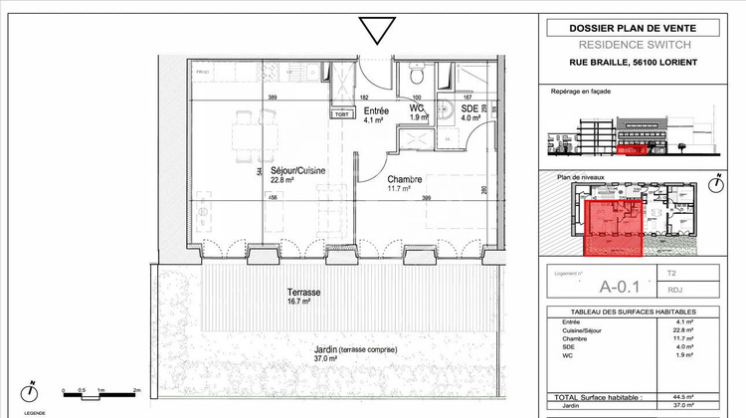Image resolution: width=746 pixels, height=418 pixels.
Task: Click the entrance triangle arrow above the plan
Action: pyautogui.click(x=378, y=31)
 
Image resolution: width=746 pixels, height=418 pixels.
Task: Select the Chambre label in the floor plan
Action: pyautogui.click(x=405, y=179)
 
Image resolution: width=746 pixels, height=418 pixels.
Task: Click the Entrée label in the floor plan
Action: pyautogui.click(x=375, y=111)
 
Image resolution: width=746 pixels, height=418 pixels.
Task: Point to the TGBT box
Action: pyautogui.click(x=341, y=114)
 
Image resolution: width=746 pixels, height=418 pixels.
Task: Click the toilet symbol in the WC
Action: pyautogui.click(x=419, y=76)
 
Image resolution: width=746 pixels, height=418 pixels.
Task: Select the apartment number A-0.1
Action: pyautogui.click(x=598, y=285)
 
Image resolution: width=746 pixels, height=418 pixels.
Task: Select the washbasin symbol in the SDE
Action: pyautogui.click(x=451, y=111)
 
